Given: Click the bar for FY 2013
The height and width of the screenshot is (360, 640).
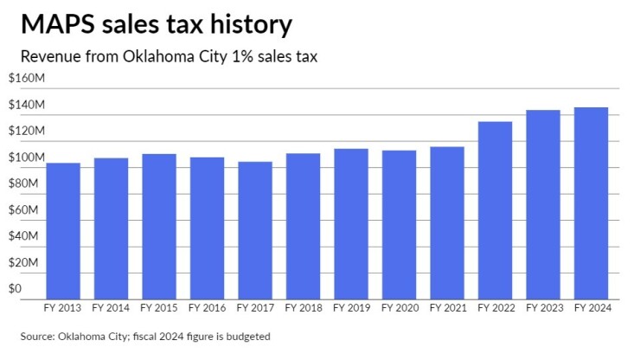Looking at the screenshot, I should coord(63,230).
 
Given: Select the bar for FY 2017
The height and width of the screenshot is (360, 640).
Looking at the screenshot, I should coord(255,229).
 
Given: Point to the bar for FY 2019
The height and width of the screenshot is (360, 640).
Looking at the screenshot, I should coord(351,223).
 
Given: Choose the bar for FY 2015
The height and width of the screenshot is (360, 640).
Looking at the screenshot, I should coord(159,226).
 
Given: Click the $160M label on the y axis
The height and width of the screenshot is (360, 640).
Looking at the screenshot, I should coord(25,79).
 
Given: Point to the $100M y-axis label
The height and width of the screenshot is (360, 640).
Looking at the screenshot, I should coord(25,157).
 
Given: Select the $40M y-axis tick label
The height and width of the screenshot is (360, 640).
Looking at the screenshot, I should coord(22,236).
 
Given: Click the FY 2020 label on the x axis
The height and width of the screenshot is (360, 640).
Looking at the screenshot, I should coord(400,307).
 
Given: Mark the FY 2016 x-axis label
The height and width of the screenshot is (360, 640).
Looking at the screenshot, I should coord(208,307).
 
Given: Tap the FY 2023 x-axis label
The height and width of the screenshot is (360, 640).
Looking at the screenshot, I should coord(543,307).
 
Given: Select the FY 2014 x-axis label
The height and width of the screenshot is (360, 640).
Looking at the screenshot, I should coord(112,307).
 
